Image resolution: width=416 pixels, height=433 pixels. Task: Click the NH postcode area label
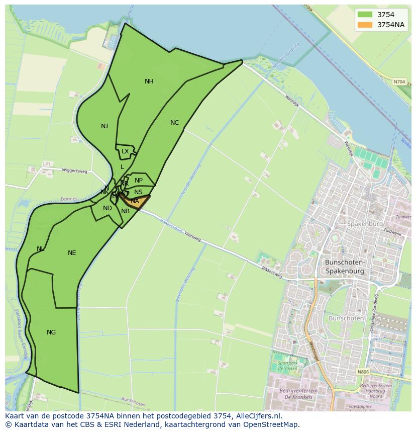coord(149,81)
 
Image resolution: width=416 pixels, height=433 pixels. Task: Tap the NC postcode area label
coord(174,123)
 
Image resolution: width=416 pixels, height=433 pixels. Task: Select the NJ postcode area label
coord(104,126)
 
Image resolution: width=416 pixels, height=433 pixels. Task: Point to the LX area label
coord(125,151)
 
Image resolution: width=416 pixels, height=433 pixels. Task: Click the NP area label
coord(139,181)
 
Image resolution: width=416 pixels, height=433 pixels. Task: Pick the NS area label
coord(138,192)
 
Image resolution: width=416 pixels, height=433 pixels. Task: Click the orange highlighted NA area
coord(135,201)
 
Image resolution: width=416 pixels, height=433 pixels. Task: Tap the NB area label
coord(125,211)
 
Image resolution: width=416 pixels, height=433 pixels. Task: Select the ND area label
coord(108,208)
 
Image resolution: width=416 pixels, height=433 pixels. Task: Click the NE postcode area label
coord(72,253)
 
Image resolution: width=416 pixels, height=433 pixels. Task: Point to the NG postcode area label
coord(51,332)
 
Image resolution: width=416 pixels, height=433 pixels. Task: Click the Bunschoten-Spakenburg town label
coord(345,267)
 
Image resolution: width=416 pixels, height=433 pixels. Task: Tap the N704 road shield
coord(399,81)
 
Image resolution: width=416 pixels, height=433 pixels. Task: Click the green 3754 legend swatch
coord(365,15)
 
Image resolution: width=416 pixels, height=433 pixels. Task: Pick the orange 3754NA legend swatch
coord(365,25)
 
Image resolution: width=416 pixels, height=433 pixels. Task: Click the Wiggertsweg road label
coord(74,171)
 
